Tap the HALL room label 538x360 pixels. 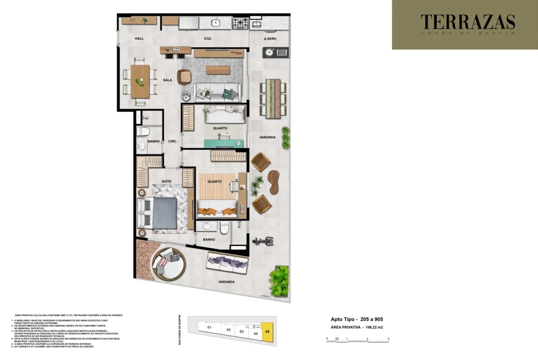click(140, 39)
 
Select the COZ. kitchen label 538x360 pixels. click(208, 39)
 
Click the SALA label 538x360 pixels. click(168, 79)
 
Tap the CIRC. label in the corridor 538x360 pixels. click(173, 142)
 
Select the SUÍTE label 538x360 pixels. click(166, 181)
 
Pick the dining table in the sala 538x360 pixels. click(140, 81)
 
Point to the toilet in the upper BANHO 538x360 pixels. click(142, 131)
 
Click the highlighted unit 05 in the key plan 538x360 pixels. click(267, 331)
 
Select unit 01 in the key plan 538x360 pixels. click(209, 327)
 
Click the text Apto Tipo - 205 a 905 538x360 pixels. click(356, 319)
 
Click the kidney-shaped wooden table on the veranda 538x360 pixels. click(274, 181)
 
